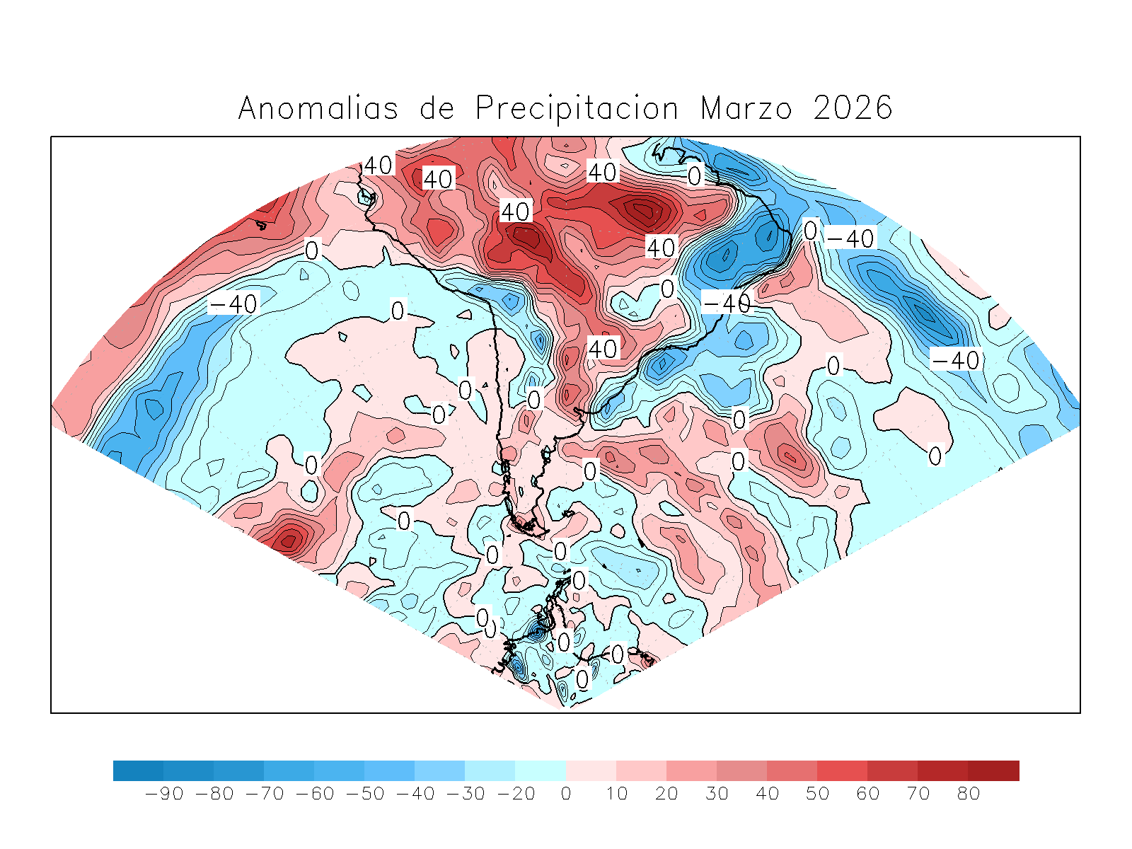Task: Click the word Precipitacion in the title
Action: click(x=577, y=108)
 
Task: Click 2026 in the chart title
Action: click(x=853, y=108)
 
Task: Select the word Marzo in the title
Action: click(x=746, y=108)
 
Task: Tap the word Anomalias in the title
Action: click(x=318, y=108)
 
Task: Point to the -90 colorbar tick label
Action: click(x=164, y=794)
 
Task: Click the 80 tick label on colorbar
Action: click(x=969, y=794)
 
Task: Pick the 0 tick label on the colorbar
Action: click(x=566, y=794)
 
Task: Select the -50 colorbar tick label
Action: click(x=365, y=794)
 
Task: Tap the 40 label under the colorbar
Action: click(x=768, y=794)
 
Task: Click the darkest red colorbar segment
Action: click(x=994, y=770)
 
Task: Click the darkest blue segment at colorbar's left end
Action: click(x=138, y=770)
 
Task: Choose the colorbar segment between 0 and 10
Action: click(x=591, y=770)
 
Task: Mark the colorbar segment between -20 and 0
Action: click(x=541, y=770)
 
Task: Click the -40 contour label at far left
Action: click(x=233, y=304)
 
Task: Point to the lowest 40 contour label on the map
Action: click(x=603, y=348)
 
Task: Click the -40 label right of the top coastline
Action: click(x=851, y=238)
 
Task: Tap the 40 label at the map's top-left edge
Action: click(x=378, y=166)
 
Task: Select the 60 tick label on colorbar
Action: click(x=868, y=794)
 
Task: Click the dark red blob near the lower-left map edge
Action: click(x=289, y=541)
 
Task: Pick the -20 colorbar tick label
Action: click(x=516, y=794)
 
